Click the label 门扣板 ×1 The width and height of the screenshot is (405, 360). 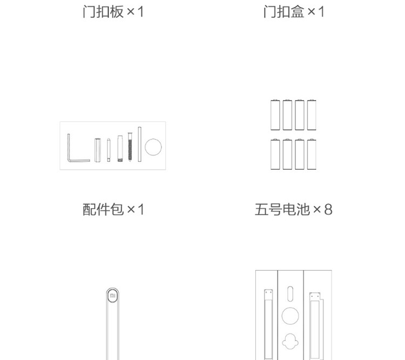113,11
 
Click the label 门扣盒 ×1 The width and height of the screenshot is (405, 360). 294,11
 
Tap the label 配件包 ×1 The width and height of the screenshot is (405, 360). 113,209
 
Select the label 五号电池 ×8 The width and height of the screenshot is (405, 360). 293,209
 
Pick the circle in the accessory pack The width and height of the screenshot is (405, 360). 154,147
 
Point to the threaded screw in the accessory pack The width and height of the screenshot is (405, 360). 130,146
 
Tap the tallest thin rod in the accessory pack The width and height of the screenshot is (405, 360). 139,144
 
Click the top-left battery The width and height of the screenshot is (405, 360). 275,114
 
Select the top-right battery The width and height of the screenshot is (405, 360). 312,114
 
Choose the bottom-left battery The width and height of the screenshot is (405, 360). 275,155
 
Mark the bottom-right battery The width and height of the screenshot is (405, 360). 312,155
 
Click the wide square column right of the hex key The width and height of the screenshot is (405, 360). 98,150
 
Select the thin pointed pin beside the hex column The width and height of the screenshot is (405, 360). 109,150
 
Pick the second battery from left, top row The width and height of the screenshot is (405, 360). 287,114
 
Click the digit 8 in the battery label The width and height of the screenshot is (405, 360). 328,209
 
